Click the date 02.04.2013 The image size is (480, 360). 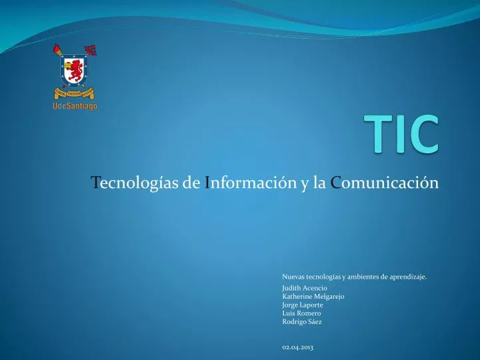click(x=298, y=348)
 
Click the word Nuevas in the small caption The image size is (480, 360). click(x=293, y=275)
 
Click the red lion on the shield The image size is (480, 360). click(x=75, y=69)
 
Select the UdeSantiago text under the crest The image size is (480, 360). click(x=75, y=106)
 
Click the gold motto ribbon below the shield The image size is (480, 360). click(x=75, y=93)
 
